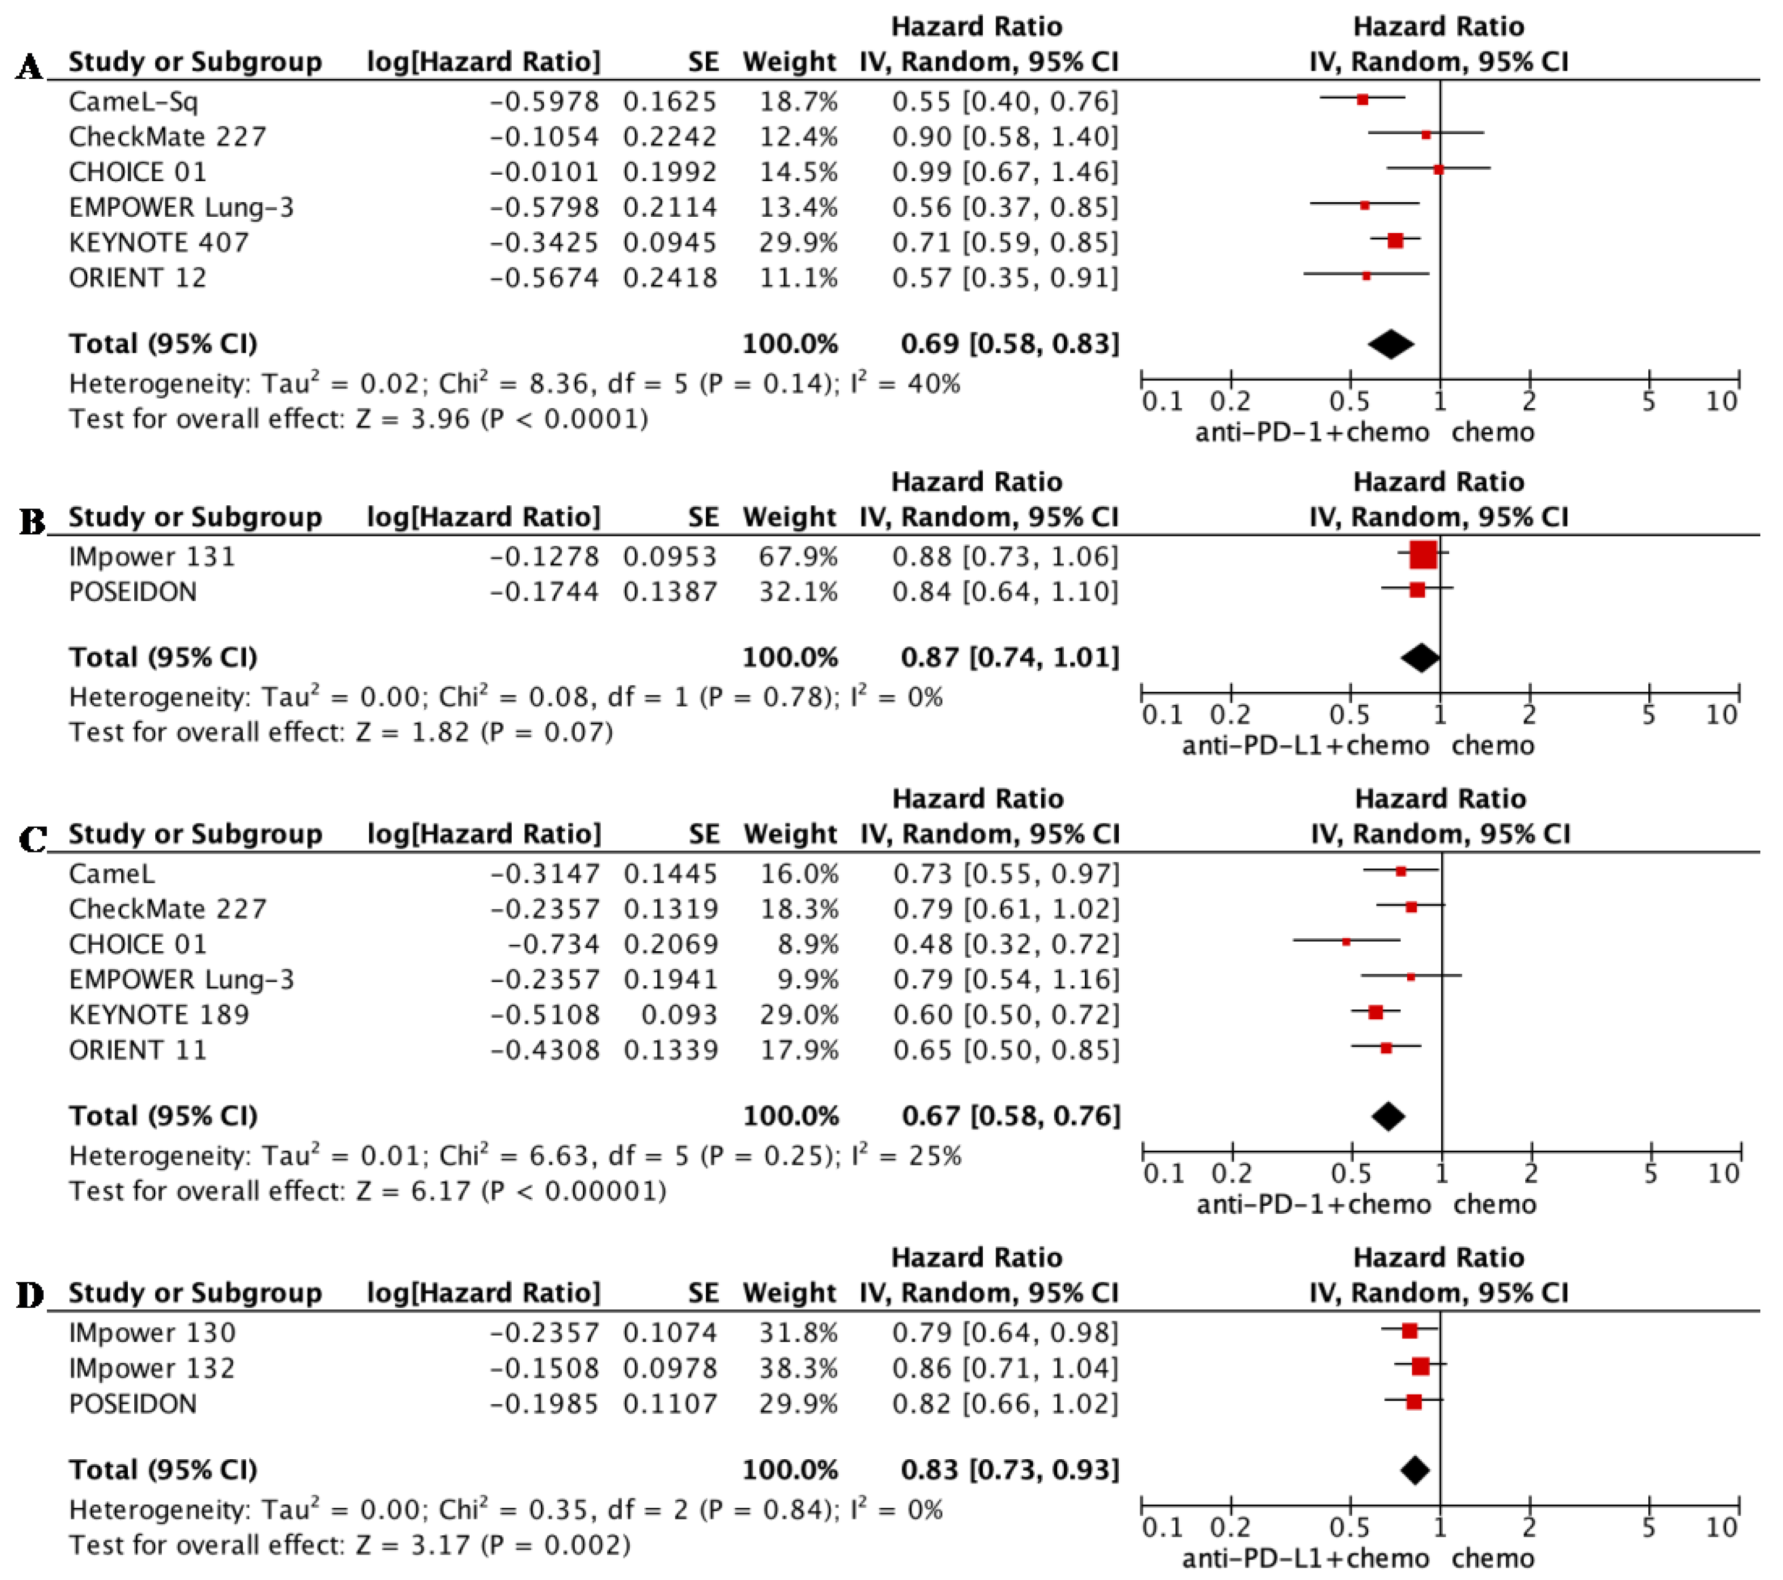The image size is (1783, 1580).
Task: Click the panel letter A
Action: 30,66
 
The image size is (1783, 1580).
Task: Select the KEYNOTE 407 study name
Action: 159,243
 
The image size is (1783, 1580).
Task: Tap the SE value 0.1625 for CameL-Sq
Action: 669,102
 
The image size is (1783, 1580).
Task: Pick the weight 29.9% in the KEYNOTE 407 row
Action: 797,243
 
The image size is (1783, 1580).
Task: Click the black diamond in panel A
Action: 1390,344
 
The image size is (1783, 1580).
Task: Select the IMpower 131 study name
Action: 152,557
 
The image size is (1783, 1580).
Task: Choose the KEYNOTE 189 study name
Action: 159,1015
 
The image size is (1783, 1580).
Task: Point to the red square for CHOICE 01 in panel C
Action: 1346,942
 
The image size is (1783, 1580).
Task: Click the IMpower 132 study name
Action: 152,1368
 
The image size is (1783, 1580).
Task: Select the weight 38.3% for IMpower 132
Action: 797,1368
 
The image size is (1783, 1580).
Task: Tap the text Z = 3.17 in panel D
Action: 415,1545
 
